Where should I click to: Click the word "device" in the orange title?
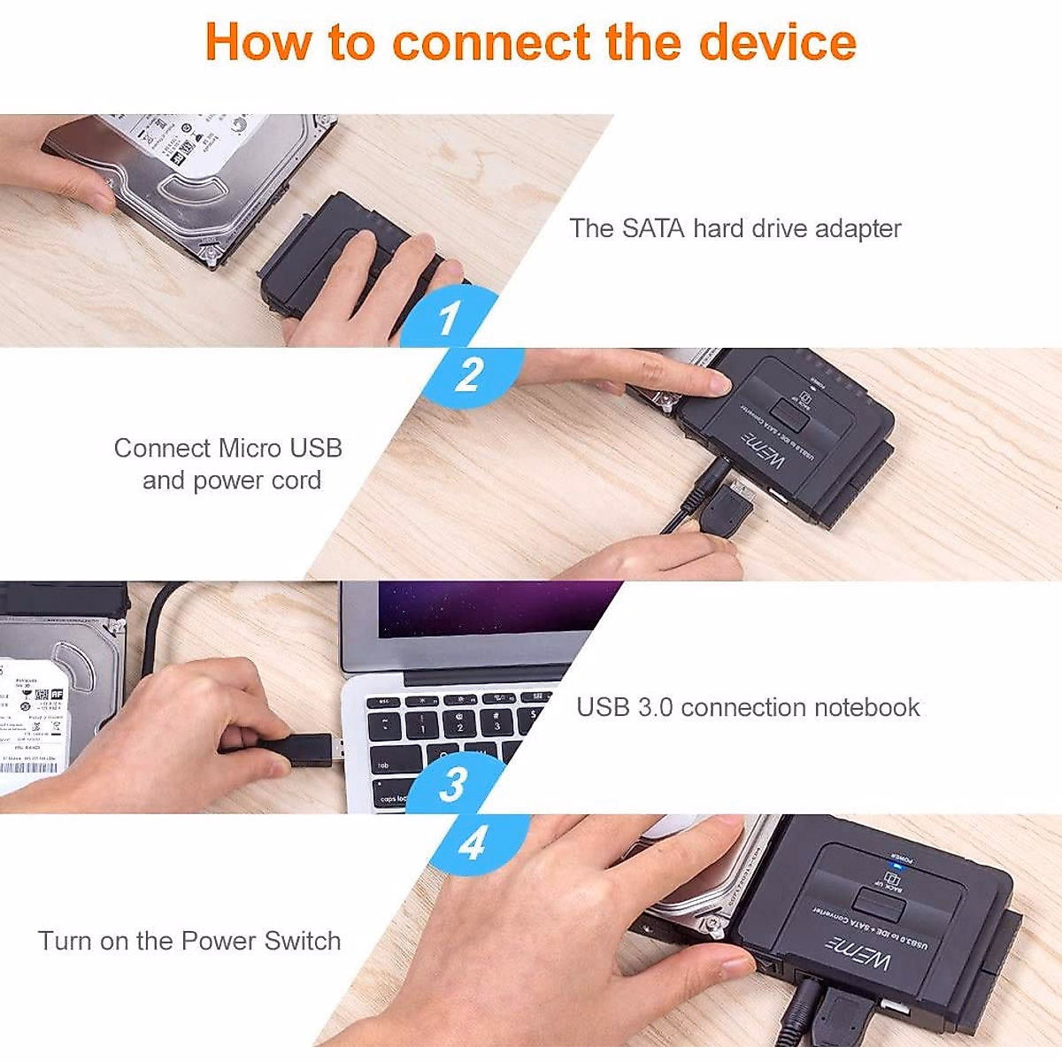click(x=777, y=42)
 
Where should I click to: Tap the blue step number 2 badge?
click(x=470, y=374)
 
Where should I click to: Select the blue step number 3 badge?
click(x=453, y=783)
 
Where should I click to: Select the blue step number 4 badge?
click(x=473, y=842)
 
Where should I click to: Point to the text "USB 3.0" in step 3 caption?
click(x=624, y=707)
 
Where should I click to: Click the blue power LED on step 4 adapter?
click(x=899, y=867)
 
